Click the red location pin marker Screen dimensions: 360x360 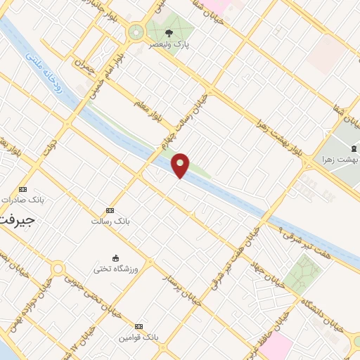tap(181, 165)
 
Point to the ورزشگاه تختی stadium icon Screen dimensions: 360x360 tap(115, 257)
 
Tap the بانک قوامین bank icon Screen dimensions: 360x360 tap(138, 326)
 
